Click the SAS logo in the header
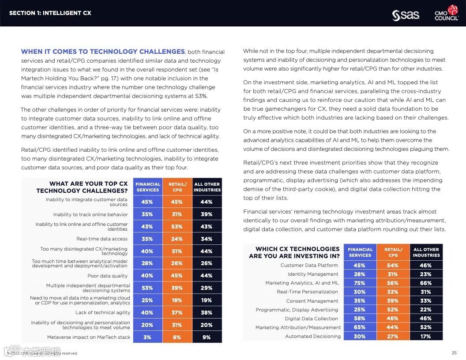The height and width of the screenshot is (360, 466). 406,15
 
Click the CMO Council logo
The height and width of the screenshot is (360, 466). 446,13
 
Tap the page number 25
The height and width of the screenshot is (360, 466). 454,352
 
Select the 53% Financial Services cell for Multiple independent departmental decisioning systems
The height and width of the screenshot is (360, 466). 147,288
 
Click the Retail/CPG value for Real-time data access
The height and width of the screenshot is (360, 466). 177,239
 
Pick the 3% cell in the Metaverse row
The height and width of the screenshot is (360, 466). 147,337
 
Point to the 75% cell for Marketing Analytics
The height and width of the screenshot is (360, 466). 360,283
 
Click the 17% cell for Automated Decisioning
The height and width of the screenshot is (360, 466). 426,336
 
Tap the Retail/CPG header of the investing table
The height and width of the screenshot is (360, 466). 393,252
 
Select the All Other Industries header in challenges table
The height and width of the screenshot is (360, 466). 207,187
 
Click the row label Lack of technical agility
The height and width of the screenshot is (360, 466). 103,312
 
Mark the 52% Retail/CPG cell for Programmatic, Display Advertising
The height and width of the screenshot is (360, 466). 393,310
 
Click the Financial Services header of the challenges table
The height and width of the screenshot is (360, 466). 148,187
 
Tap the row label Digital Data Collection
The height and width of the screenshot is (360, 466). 312,319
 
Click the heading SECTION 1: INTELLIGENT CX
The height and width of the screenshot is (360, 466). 50,13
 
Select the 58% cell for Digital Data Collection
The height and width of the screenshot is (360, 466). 360,319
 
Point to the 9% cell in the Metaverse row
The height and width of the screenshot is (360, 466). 207,337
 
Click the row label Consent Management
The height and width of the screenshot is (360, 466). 312,301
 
